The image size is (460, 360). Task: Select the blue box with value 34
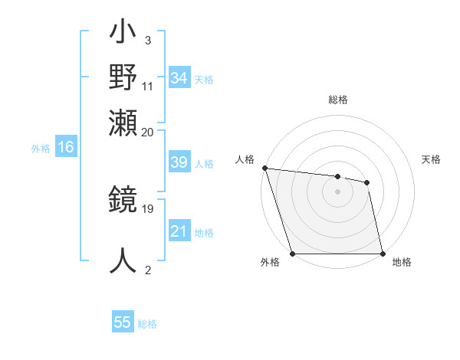point(179,78)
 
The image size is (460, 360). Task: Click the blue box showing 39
point(179,163)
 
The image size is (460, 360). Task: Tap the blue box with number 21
point(179,232)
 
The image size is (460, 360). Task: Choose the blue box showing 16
point(65,148)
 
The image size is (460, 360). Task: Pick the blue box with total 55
point(123,322)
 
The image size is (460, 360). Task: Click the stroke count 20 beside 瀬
point(148,131)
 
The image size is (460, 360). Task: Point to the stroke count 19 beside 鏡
point(148,208)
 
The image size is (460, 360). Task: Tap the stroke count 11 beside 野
point(148,86)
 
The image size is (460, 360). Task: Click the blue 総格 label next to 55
point(147,324)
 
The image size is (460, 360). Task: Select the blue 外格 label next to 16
point(41,149)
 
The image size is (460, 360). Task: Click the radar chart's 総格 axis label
point(337,100)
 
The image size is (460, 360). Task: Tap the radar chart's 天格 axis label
point(431,159)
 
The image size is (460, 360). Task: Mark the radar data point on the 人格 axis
point(264,168)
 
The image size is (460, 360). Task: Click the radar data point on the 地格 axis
point(382,254)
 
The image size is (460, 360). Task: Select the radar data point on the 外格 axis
point(292,254)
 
